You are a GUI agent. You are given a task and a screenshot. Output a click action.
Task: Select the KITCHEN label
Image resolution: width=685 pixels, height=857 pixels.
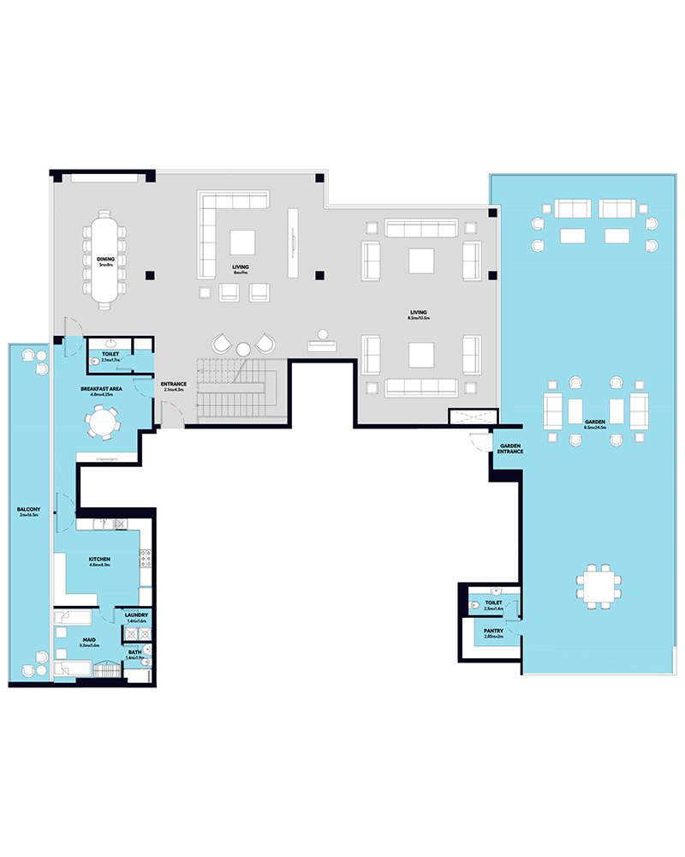pyautogui.click(x=100, y=560)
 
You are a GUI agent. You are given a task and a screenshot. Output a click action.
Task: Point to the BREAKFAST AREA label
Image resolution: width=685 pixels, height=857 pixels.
pyautogui.click(x=100, y=388)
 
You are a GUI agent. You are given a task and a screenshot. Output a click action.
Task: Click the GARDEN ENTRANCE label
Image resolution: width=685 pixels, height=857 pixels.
pyautogui.click(x=510, y=449)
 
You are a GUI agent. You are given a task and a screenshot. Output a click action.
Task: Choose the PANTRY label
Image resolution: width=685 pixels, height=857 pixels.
pyautogui.click(x=492, y=631)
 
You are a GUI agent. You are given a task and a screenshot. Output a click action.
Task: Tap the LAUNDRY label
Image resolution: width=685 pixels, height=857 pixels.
pyautogui.click(x=136, y=614)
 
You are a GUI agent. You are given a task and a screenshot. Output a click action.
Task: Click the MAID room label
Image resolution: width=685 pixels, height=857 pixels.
pyautogui.click(x=89, y=639)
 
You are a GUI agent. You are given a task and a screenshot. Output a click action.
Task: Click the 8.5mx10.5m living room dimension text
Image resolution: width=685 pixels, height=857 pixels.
pyautogui.click(x=418, y=319)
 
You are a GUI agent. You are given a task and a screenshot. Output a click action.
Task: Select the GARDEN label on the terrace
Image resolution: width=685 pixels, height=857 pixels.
pyautogui.click(x=595, y=423)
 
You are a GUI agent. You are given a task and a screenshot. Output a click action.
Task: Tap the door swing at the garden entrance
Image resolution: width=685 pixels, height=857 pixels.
pyautogui.click(x=476, y=441)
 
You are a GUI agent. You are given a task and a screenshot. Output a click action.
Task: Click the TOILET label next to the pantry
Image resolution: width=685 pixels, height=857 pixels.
pyautogui.click(x=492, y=602)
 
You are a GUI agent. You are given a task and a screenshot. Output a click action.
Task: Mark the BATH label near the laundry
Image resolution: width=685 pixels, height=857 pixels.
pyautogui.click(x=136, y=652)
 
